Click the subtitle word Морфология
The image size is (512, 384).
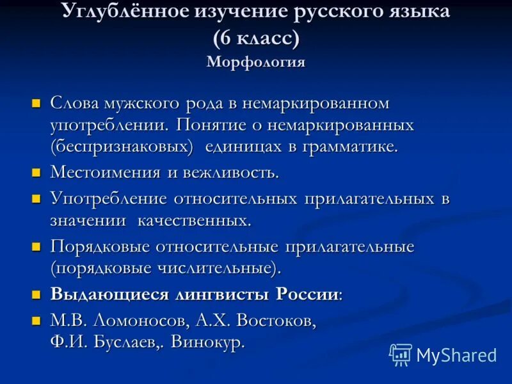pyautogui.click(x=256, y=63)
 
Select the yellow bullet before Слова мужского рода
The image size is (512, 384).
pyautogui.click(x=36, y=102)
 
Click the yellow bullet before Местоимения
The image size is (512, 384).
pyautogui.click(x=36, y=172)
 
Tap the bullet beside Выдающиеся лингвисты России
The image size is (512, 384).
pyautogui.click(x=36, y=294)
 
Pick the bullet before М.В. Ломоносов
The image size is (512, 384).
pyautogui.click(x=36, y=319)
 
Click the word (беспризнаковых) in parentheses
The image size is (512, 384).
pyautogui.click(x=122, y=147)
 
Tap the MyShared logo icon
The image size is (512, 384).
pyautogui.click(x=401, y=354)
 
